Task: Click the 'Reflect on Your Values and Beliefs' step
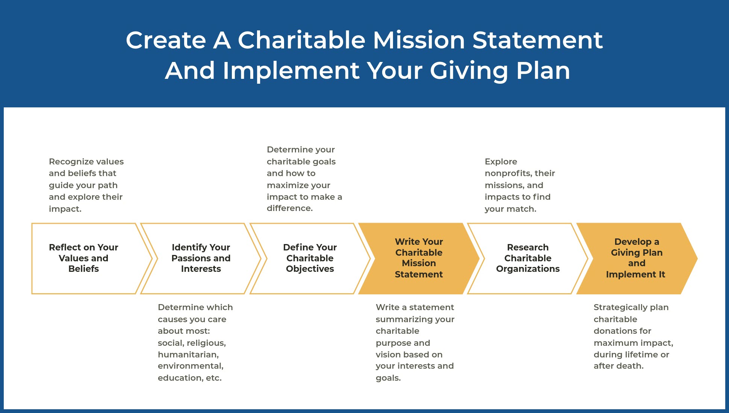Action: (x=83, y=258)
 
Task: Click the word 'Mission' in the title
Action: (x=419, y=40)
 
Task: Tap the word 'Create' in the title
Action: (x=166, y=40)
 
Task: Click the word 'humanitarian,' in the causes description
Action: (x=188, y=355)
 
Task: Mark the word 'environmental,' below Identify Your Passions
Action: (x=191, y=366)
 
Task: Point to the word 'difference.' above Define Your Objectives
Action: (x=290, y=208)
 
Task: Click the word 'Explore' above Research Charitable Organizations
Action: (x=501, y=162)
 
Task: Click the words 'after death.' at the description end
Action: (x=619, y=366)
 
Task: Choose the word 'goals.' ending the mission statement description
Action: (x=388, y=378)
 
